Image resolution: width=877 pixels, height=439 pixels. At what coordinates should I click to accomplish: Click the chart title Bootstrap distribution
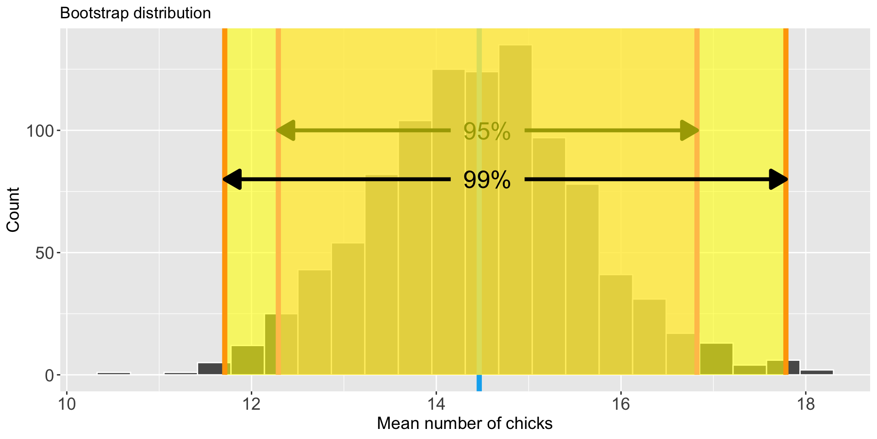coord(135,13)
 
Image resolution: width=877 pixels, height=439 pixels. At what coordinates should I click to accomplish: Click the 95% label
coord(487,132)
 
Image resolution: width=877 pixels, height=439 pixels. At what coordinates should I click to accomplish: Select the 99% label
coord(487,180)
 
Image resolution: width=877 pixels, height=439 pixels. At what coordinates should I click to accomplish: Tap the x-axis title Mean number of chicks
coord(465,423)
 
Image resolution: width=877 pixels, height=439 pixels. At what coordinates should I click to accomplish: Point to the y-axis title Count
coord(13,209)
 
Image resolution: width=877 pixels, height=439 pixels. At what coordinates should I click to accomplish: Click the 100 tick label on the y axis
coord(40,131)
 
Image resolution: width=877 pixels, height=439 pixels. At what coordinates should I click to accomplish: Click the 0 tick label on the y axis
coord(49,375)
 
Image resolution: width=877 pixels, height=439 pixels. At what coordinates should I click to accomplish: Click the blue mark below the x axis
coord(479,383)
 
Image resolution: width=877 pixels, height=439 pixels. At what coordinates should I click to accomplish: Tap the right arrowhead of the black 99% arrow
coord(778,179)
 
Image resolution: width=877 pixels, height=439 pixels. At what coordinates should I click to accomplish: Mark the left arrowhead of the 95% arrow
coord(286,131)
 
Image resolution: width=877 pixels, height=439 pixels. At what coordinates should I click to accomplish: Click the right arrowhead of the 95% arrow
coord(689,131)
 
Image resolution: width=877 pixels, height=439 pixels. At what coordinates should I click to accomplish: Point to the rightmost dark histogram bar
coord(817,372)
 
